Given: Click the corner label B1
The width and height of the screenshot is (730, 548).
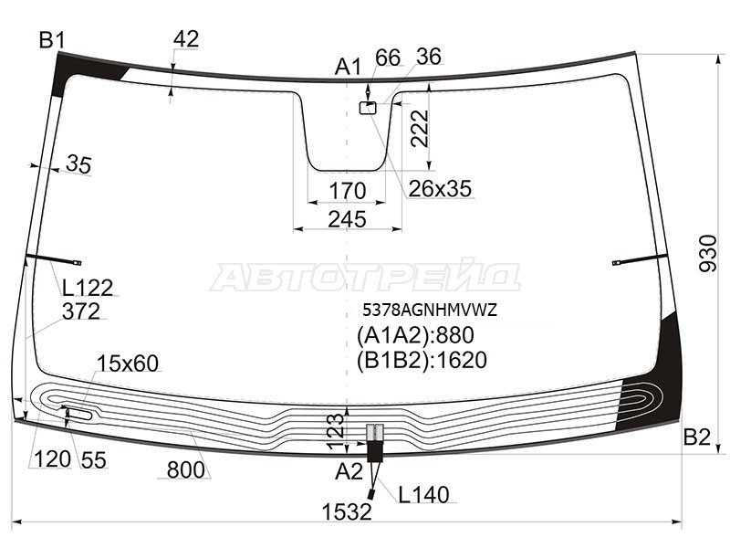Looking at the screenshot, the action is [52, 40].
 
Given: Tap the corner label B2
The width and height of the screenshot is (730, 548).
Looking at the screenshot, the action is [696, 437].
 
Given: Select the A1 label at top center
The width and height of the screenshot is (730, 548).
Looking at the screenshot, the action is [348, 68].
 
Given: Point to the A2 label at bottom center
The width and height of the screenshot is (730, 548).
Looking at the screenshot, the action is [349, 472].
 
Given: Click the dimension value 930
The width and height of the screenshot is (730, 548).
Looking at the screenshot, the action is [709, 254].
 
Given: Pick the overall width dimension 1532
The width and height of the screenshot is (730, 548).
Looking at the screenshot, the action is [347, 512].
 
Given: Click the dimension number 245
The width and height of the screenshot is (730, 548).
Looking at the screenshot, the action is [348, 219].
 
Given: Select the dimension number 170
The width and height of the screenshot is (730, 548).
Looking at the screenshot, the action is [348, 191].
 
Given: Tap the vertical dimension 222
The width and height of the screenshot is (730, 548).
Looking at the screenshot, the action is [420, 128].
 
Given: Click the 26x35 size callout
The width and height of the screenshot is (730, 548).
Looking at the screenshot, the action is [440, 189].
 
